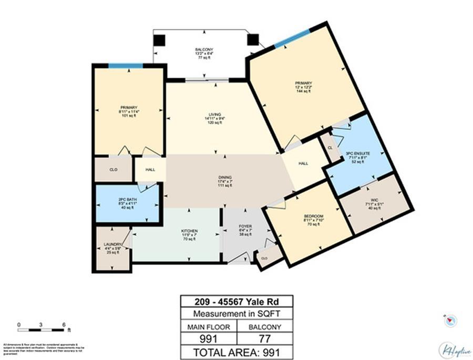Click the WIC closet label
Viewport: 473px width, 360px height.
pyautogui.click(x=375, y=201)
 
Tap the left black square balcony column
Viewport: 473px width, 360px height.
pyautogui.click(x=159, y=40)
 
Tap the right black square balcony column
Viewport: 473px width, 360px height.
pyautogui.click(x=253, y=40)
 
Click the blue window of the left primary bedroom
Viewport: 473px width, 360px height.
pyautogui.click(x=126, y=66)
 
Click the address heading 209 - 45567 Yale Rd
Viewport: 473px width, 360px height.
pyautogui.click(x=236, y=302)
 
